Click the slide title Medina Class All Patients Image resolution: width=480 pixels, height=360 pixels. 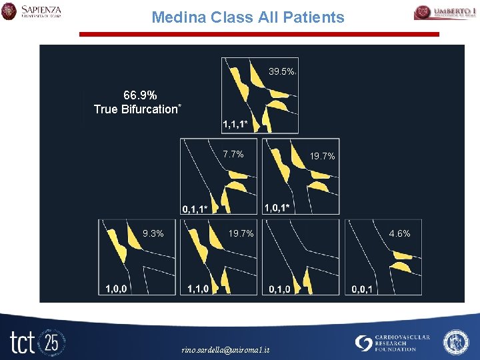pos(247,17)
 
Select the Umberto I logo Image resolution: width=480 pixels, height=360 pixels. pos(445,12)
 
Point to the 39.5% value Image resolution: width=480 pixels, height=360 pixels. pos(281,71)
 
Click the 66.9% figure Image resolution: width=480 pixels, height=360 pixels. pos(140,95)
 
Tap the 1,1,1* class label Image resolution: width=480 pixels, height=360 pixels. pos(235,125)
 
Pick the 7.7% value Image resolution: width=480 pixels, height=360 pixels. pos(233,154)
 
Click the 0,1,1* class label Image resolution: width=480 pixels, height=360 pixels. pos(195,209)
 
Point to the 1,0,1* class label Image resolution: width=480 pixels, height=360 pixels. pos(277,208)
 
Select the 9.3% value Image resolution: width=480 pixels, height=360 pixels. pos(153,233)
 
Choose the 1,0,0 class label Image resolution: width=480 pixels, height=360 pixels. pos(117,289)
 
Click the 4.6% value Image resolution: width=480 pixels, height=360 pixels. pos(399,233)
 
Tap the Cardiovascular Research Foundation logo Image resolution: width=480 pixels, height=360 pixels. pos(393,343)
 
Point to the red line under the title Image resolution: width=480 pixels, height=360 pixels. pos(259,34)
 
